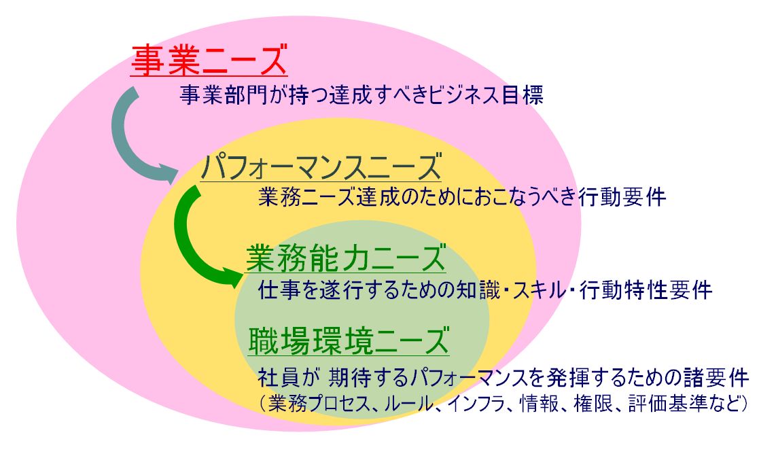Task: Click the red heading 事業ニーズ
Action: tap(209, 60)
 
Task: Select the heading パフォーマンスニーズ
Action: tap(321, 167)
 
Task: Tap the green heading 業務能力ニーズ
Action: tap(346, 258)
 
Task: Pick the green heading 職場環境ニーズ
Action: tap(349, 340)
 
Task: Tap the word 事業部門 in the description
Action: tap(223, 94)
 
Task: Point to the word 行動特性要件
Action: tap(646, 290)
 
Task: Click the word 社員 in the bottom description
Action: tap(279, 377)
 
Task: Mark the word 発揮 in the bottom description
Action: tap(567, 377)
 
